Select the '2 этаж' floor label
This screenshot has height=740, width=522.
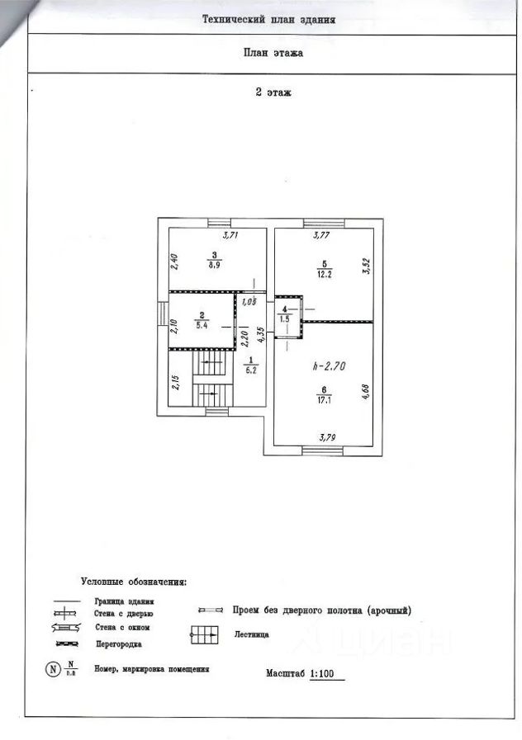coord(273,92)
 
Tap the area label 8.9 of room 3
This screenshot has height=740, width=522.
coord(214,266)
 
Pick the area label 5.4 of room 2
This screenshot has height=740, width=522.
coord(201,326)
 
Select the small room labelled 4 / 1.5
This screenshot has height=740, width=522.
coord(285,315)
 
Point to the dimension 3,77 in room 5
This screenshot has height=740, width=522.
coord(322,236)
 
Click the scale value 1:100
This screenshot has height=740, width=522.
coord(327,674)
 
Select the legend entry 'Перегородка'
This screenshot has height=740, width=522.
coord(117,643)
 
